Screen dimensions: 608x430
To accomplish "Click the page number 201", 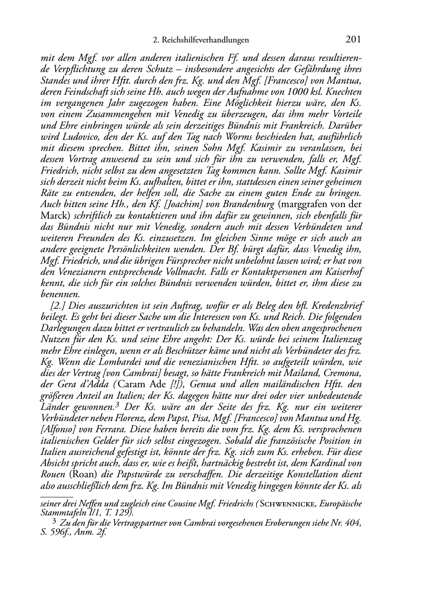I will pos(353,40).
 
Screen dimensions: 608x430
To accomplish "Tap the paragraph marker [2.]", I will pos(58,306).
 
